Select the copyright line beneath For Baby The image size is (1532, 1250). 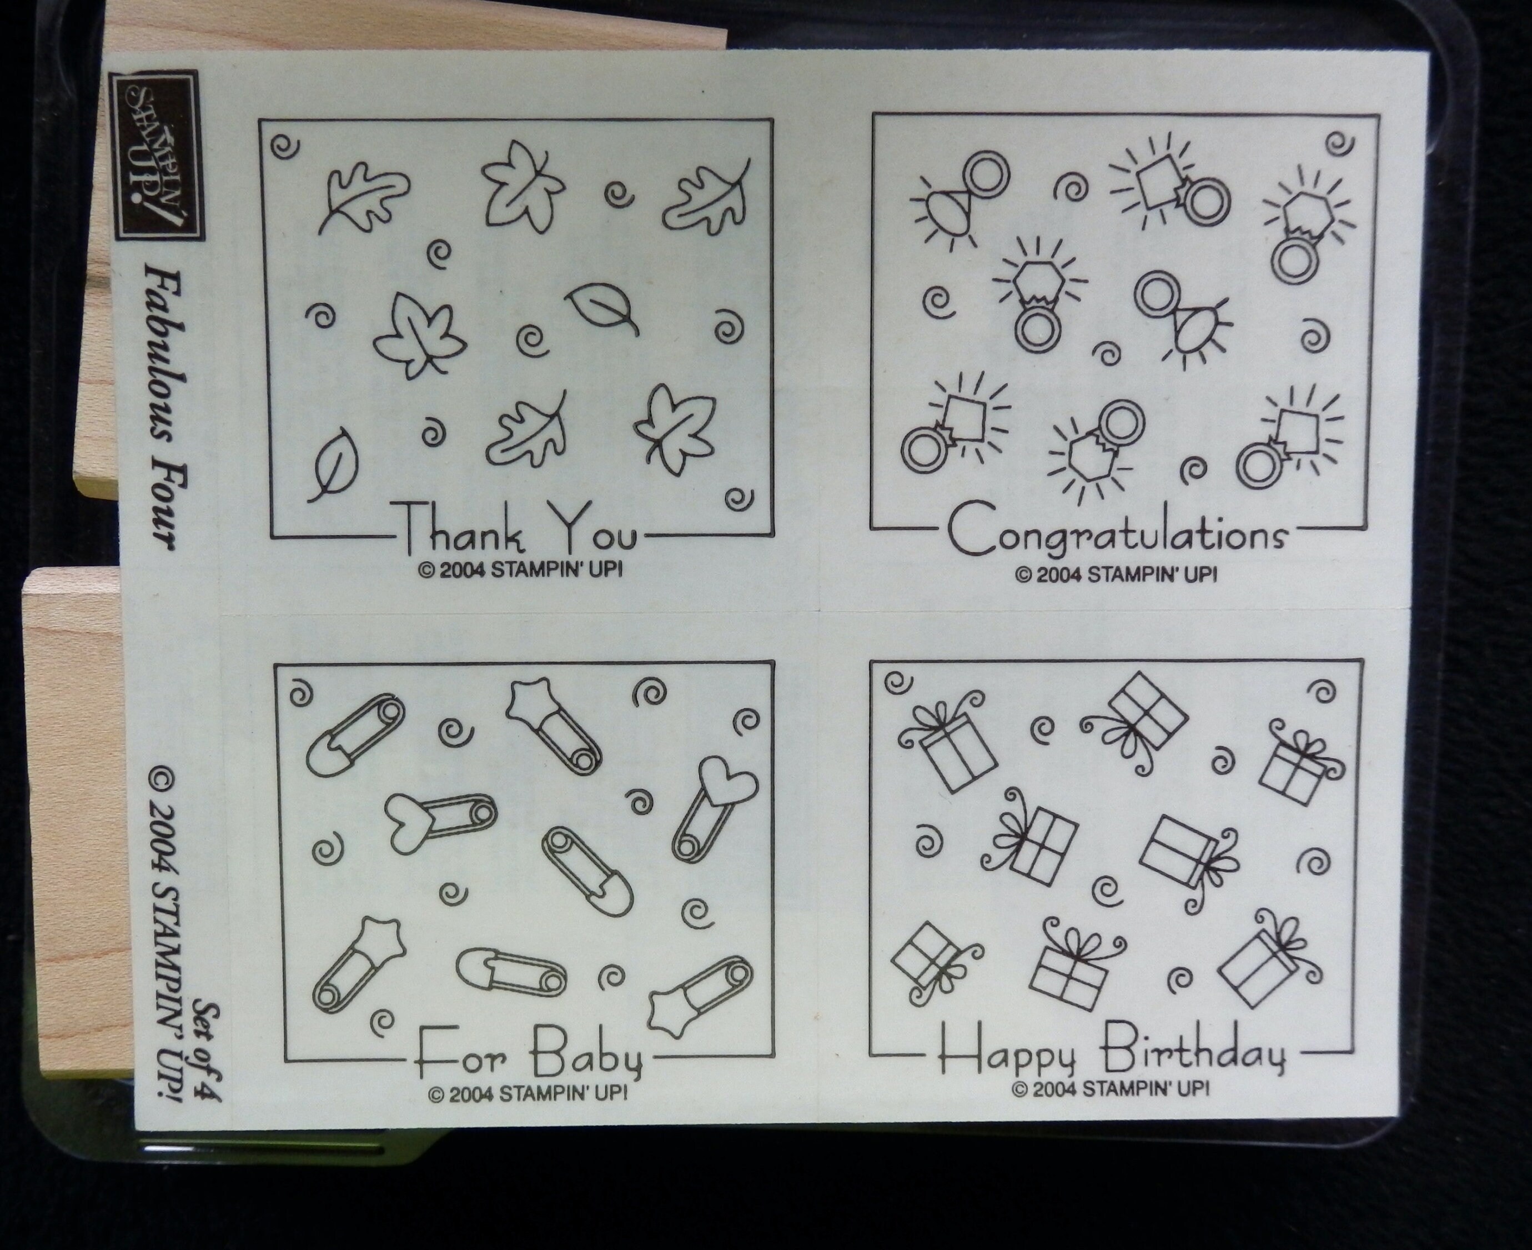click(x=528, y=1094)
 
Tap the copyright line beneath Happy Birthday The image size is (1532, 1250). click(x=1111, y=1089)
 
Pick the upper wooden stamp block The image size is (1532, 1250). click(x=104, y=274)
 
